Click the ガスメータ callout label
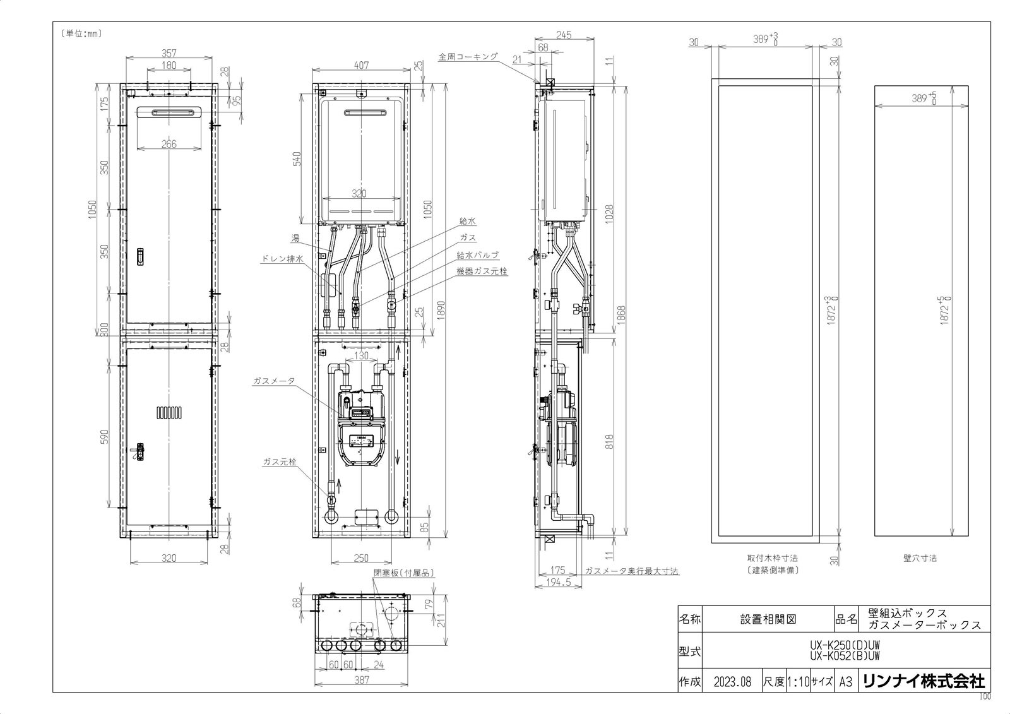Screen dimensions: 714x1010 pos(273,381)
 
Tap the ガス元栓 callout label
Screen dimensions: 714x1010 pos(280,462)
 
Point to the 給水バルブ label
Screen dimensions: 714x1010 pos(478,255)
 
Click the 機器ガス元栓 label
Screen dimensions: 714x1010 pos(482,270)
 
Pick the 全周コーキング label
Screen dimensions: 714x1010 pos(468,56)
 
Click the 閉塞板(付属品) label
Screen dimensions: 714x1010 pos(404,573)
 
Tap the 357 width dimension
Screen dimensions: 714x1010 pos(169,53)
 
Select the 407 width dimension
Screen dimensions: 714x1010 pos(361,65)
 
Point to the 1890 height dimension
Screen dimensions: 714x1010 pos(441,309)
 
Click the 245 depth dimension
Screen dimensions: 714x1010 pos(564,35)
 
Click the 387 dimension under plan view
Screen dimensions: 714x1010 pos(361,680)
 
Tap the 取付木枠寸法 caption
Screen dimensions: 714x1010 pos(772,558)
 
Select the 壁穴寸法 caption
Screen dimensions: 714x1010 pos(920,558)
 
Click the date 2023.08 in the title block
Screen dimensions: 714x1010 pos(732,682)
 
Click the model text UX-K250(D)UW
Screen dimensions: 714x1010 pos(844,646)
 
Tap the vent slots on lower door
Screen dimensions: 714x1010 pos(169,412)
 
